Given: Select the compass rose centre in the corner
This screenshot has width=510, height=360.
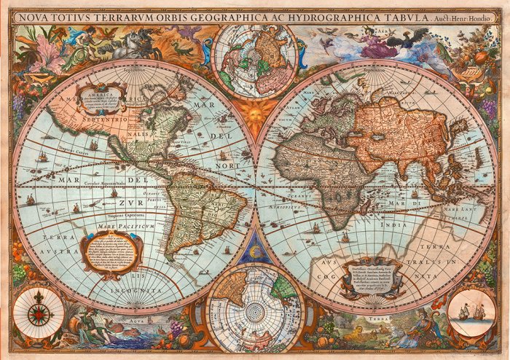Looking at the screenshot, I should pos(39,313).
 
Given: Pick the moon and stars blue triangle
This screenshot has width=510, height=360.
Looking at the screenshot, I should pos(255,251).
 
